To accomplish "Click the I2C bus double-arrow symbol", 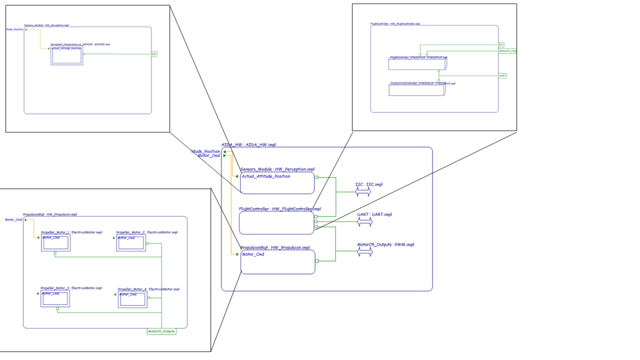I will [363, 193].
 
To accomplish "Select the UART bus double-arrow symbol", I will [365, 222].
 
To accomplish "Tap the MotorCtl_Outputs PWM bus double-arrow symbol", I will [365, 252].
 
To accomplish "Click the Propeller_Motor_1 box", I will [55, 243].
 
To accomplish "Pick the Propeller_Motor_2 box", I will [131, 243].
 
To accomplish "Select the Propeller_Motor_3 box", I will [55, 299].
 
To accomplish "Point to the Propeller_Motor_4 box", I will [132, 299].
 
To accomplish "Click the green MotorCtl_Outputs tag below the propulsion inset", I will [161, 331].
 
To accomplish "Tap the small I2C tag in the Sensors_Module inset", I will [154, 54].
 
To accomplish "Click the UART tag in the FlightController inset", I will [502, 76].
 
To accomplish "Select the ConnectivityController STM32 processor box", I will [417, 89].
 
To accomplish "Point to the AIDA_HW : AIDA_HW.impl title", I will [249, 145].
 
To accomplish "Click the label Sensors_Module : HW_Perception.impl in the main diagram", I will [277, 169].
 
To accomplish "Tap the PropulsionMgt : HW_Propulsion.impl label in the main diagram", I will [275, 247].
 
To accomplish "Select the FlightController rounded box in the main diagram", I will [276, 223].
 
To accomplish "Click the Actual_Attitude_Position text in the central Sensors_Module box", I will [266, 177].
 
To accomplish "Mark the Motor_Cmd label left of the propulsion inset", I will [13, 219].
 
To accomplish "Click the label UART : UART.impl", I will [374, 214].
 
